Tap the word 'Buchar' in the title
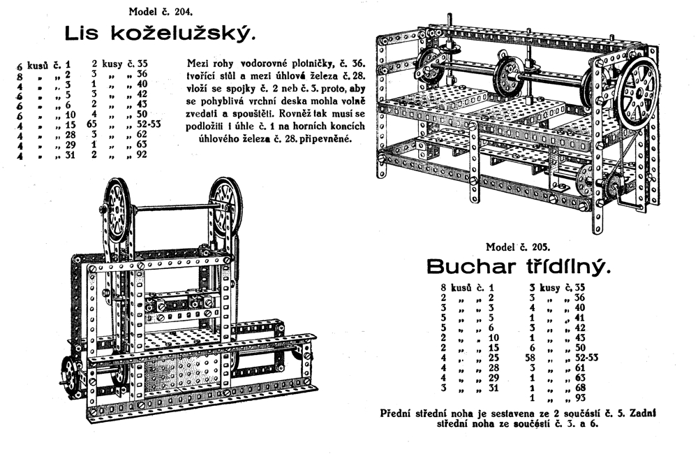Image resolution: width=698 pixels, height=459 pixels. coord(469,267)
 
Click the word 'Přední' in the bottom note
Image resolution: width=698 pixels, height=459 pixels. coord(398,413)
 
